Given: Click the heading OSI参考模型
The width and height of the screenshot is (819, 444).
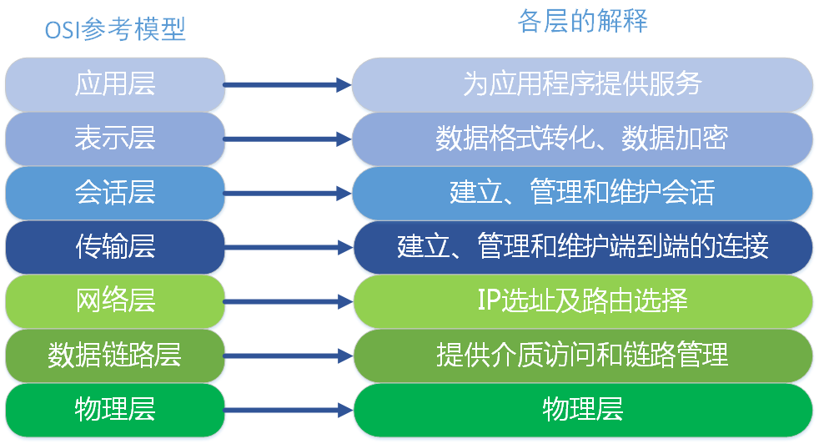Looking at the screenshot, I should click(x=115, y=30).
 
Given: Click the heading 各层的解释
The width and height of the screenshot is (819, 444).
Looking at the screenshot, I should click(x=583, y=22).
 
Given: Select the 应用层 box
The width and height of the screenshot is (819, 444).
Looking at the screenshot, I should click(x=115, y=83).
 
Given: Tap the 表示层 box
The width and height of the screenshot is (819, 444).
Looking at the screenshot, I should click(x=115, y=138).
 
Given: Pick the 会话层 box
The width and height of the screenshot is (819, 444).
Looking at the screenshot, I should click(x=115, y=192).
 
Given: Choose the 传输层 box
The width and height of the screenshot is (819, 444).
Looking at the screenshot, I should click(x=115, y=246).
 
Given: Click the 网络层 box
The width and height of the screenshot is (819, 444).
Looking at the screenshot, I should click(x=115, y=300).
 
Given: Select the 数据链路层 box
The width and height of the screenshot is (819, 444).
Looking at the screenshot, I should click(x=115, y=356).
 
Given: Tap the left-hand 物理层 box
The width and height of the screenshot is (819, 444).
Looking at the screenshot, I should click(x=115, y=410).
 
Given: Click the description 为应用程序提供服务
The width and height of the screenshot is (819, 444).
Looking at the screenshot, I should click(x=582, y=83).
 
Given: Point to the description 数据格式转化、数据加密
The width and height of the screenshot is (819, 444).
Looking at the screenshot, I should click(x=582, y=138).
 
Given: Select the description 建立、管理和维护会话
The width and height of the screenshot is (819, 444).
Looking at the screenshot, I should click(x=582, y=192).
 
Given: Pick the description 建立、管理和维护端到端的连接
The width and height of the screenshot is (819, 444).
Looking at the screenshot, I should click(x=582, y=246).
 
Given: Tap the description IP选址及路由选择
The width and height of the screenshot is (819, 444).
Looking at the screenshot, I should click(x=582, y=300).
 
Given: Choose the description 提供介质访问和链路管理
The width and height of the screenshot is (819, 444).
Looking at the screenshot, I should click(x=582, y=356).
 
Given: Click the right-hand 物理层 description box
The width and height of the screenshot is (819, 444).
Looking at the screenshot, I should click(x=582, y=410).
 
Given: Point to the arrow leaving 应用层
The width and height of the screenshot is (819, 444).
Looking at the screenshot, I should click(x=287, y=84).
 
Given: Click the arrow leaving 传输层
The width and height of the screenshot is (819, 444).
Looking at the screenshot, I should click(x=287, y=247).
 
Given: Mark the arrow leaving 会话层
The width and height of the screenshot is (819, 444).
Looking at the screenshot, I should click(x=287, y=193).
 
